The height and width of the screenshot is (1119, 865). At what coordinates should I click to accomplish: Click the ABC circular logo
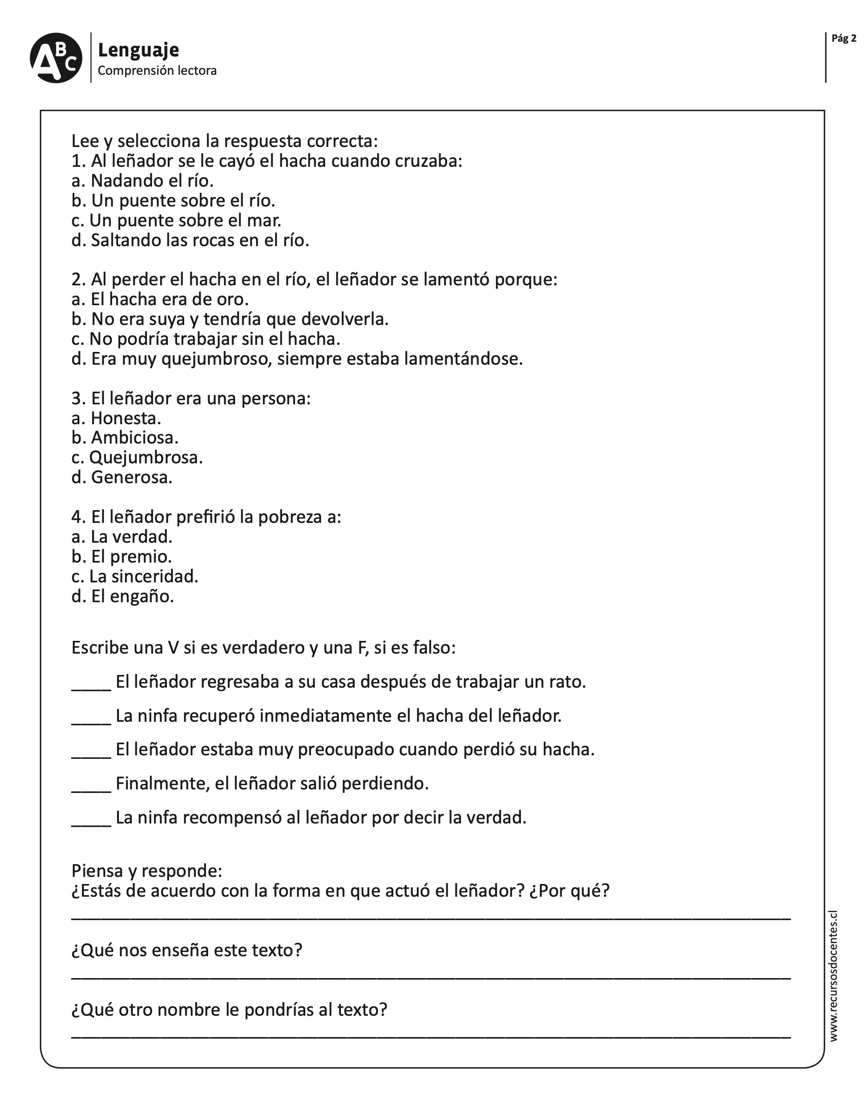tap(56, 58)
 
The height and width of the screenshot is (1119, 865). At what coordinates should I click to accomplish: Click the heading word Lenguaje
tap(138, 50)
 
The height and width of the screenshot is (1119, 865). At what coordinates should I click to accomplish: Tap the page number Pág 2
tap(844, 39)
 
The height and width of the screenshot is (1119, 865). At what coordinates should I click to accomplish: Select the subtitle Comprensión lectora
tap(157, 71)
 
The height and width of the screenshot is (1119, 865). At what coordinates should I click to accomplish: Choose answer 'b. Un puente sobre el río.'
tap(173, 201)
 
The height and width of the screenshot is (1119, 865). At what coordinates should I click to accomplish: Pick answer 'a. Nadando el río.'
tap(142, 181)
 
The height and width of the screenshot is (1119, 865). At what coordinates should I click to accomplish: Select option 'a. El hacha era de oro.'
tap(160, 299)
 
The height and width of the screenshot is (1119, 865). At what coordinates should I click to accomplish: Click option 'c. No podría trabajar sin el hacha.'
tap(206, 339)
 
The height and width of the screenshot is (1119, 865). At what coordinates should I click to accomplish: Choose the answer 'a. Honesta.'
tap(117, 418)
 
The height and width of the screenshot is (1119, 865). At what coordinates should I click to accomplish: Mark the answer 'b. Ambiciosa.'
tap(125, 437)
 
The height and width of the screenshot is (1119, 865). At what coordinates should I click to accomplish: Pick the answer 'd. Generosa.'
tap(122, 478)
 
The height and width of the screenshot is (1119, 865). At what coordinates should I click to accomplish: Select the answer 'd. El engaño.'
tap(123, 597)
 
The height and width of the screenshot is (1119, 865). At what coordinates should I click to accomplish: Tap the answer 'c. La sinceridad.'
tap(135, 576)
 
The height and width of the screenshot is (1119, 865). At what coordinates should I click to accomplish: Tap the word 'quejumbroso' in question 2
tap(216, 359)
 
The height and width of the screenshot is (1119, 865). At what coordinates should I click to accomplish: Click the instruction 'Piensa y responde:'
tap(147, 871)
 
